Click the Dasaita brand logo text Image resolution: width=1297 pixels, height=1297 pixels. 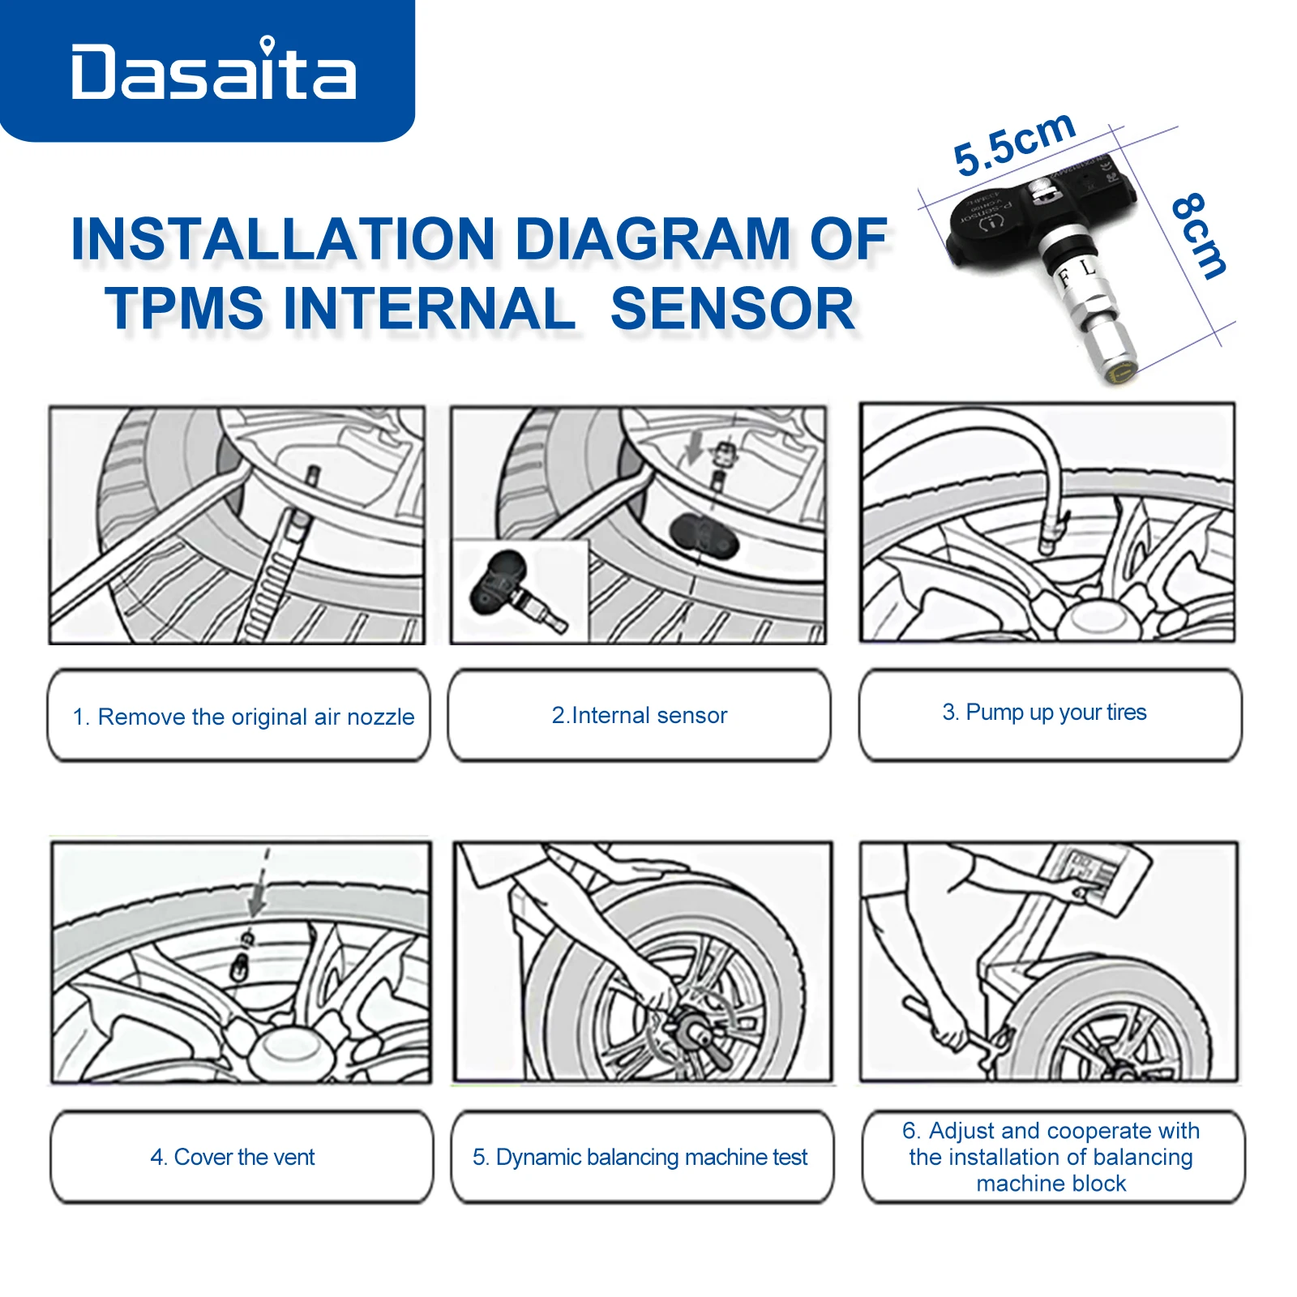click(x=213, y=73)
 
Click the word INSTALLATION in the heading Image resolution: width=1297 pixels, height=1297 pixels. click(x=284, y=239)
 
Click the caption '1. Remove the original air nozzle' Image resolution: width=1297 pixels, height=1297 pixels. click(x=243, y=717)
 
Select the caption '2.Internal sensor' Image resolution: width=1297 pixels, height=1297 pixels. click(x=640, y=715)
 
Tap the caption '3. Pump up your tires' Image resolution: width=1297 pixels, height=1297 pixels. click(x=1044, y=713)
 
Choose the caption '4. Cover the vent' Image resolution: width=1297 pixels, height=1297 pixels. click(x=233, y=1157)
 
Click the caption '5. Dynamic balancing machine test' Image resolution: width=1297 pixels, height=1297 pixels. click(x=640, y=1157)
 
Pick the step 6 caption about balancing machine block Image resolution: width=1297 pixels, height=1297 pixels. click(x=1051, y=1157)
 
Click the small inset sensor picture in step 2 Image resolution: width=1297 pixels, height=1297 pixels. click(x=520, y=593)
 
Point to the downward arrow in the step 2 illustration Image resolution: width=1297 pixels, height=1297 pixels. click(x=694, y=448)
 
